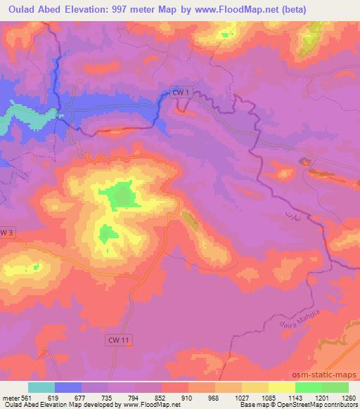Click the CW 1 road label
pyautogui.click(x=181, y=91)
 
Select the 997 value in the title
pyautogui.click(x=128, y=10)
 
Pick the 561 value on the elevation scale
pyautogui.click(x=27, y=398)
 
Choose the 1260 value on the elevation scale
pyautogui.click(x=349, y=398)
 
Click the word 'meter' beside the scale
pyautogui.click(x=10, y=398)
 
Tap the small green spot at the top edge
pyautogui.click(x=225, y=34)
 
